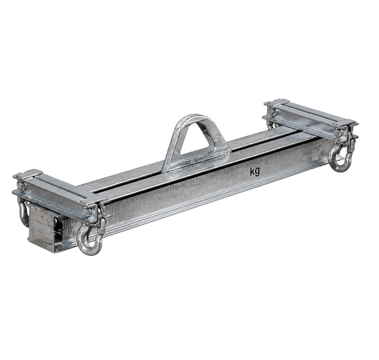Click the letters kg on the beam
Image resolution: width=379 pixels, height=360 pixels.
pos(255,171)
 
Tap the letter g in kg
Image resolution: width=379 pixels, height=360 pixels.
pos(257,172)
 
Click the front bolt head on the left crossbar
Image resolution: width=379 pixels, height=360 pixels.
pos(86,212)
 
